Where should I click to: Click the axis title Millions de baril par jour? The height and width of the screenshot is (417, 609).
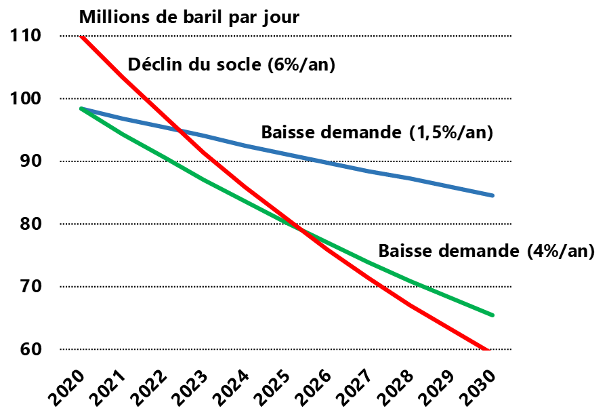(x=189, y=16)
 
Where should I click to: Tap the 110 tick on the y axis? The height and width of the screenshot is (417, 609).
(x=26, y=36)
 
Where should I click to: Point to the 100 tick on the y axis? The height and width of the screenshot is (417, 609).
(x=26, y=99)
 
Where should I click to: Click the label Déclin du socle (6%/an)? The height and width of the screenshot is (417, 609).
(x=232, y=66)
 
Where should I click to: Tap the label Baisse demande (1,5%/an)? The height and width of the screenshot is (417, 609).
(x=377, y=132)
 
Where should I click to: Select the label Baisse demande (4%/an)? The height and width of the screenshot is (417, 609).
(x=486, y=252)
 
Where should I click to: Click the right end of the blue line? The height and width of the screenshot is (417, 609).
(x=492, y=195)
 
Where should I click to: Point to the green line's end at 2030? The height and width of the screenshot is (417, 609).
(x=492, y=315)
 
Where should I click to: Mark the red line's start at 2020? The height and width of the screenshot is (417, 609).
(x=81, y=36)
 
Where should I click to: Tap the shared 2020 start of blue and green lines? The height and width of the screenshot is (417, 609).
(x=81, y=108)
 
